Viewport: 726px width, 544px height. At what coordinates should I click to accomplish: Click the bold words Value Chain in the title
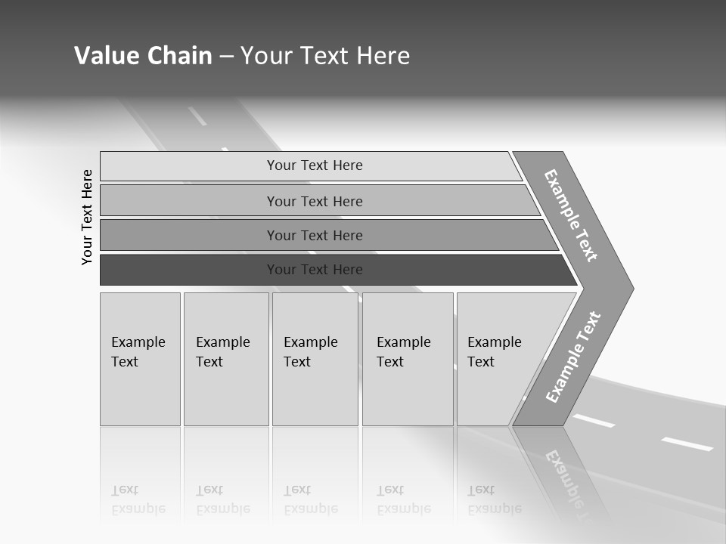pos(143,56)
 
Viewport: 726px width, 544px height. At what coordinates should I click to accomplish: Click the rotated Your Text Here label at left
pos(87,217)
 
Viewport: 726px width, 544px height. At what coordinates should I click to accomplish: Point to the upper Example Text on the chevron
pos(571,215)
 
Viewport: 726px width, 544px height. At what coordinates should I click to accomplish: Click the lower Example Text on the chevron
pos(573,357)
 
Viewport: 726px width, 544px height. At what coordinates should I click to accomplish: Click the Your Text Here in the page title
pos(325,56)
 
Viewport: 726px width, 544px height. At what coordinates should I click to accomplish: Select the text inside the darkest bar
pos(315,270)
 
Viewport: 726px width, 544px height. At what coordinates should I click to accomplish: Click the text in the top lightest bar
pos(315,165)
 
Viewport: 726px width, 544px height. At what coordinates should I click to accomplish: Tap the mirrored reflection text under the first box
pos(138,499)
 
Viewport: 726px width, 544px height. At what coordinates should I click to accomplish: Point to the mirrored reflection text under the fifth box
pos(495,499)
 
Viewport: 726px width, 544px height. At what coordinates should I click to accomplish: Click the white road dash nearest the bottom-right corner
pos(687,444)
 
